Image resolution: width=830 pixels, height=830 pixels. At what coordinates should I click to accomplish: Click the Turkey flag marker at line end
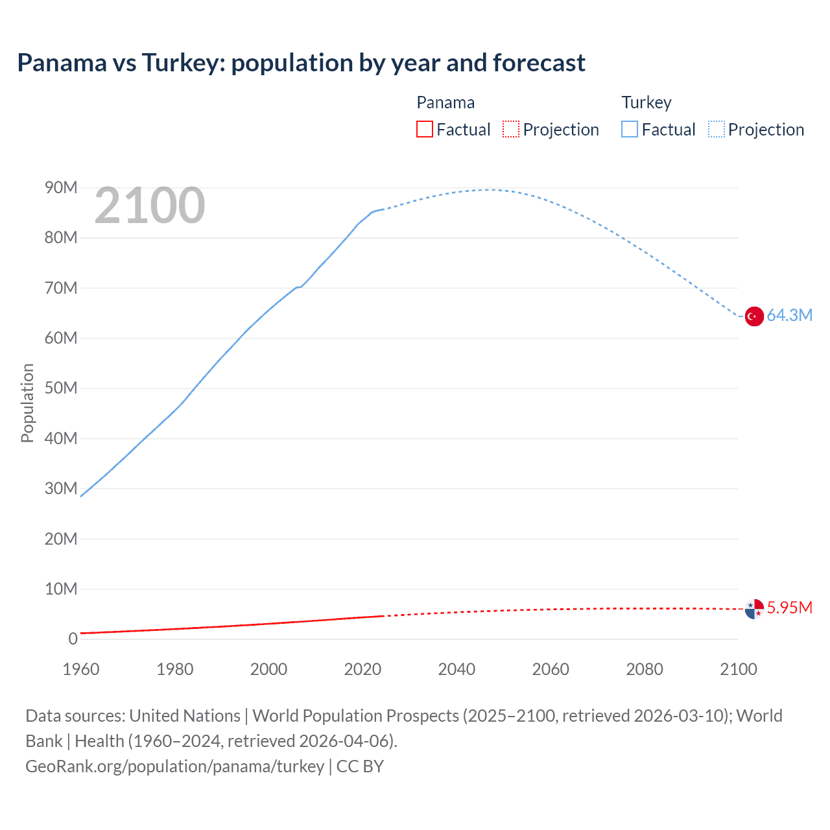754,316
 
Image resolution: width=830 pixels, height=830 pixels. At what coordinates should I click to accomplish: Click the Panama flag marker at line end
754,609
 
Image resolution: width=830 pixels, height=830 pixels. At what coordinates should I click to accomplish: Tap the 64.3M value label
789,316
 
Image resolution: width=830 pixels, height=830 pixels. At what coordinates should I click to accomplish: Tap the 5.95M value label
789,608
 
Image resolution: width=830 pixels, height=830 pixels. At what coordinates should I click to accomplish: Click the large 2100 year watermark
150,206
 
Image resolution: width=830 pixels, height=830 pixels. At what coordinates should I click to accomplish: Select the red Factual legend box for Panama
424,129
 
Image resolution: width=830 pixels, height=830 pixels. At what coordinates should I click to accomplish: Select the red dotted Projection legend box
511,129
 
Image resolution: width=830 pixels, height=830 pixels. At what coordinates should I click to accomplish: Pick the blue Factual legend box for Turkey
630,129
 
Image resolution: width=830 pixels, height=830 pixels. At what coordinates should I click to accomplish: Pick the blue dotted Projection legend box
716,129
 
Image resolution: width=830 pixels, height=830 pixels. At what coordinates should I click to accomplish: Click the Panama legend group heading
445,102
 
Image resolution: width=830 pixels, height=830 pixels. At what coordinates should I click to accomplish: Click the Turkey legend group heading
646,102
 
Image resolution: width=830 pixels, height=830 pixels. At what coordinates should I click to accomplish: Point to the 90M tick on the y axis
61,188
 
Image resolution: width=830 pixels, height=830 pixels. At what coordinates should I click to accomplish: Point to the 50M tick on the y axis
61,388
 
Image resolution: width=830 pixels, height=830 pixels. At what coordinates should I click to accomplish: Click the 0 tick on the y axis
73,639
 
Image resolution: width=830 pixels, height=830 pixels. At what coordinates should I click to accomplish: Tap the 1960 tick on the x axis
81,669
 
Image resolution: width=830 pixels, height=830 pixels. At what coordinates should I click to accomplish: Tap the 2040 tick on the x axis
456,669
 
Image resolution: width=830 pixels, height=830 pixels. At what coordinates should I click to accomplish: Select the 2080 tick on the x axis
645,669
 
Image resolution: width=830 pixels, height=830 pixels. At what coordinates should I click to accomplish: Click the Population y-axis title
27,403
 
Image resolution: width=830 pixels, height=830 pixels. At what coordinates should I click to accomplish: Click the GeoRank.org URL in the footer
174,766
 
